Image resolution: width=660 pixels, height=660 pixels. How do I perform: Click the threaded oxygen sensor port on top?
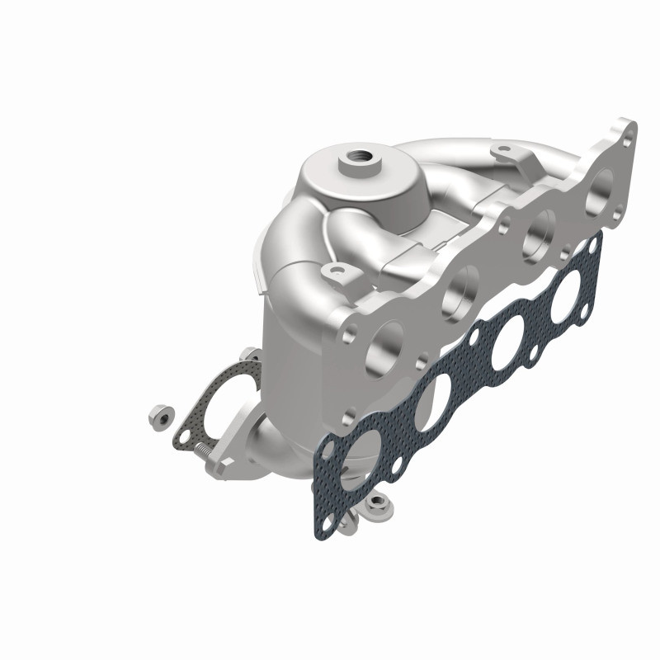point(360,153)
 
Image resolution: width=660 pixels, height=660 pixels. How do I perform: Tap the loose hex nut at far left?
point(158,418)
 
